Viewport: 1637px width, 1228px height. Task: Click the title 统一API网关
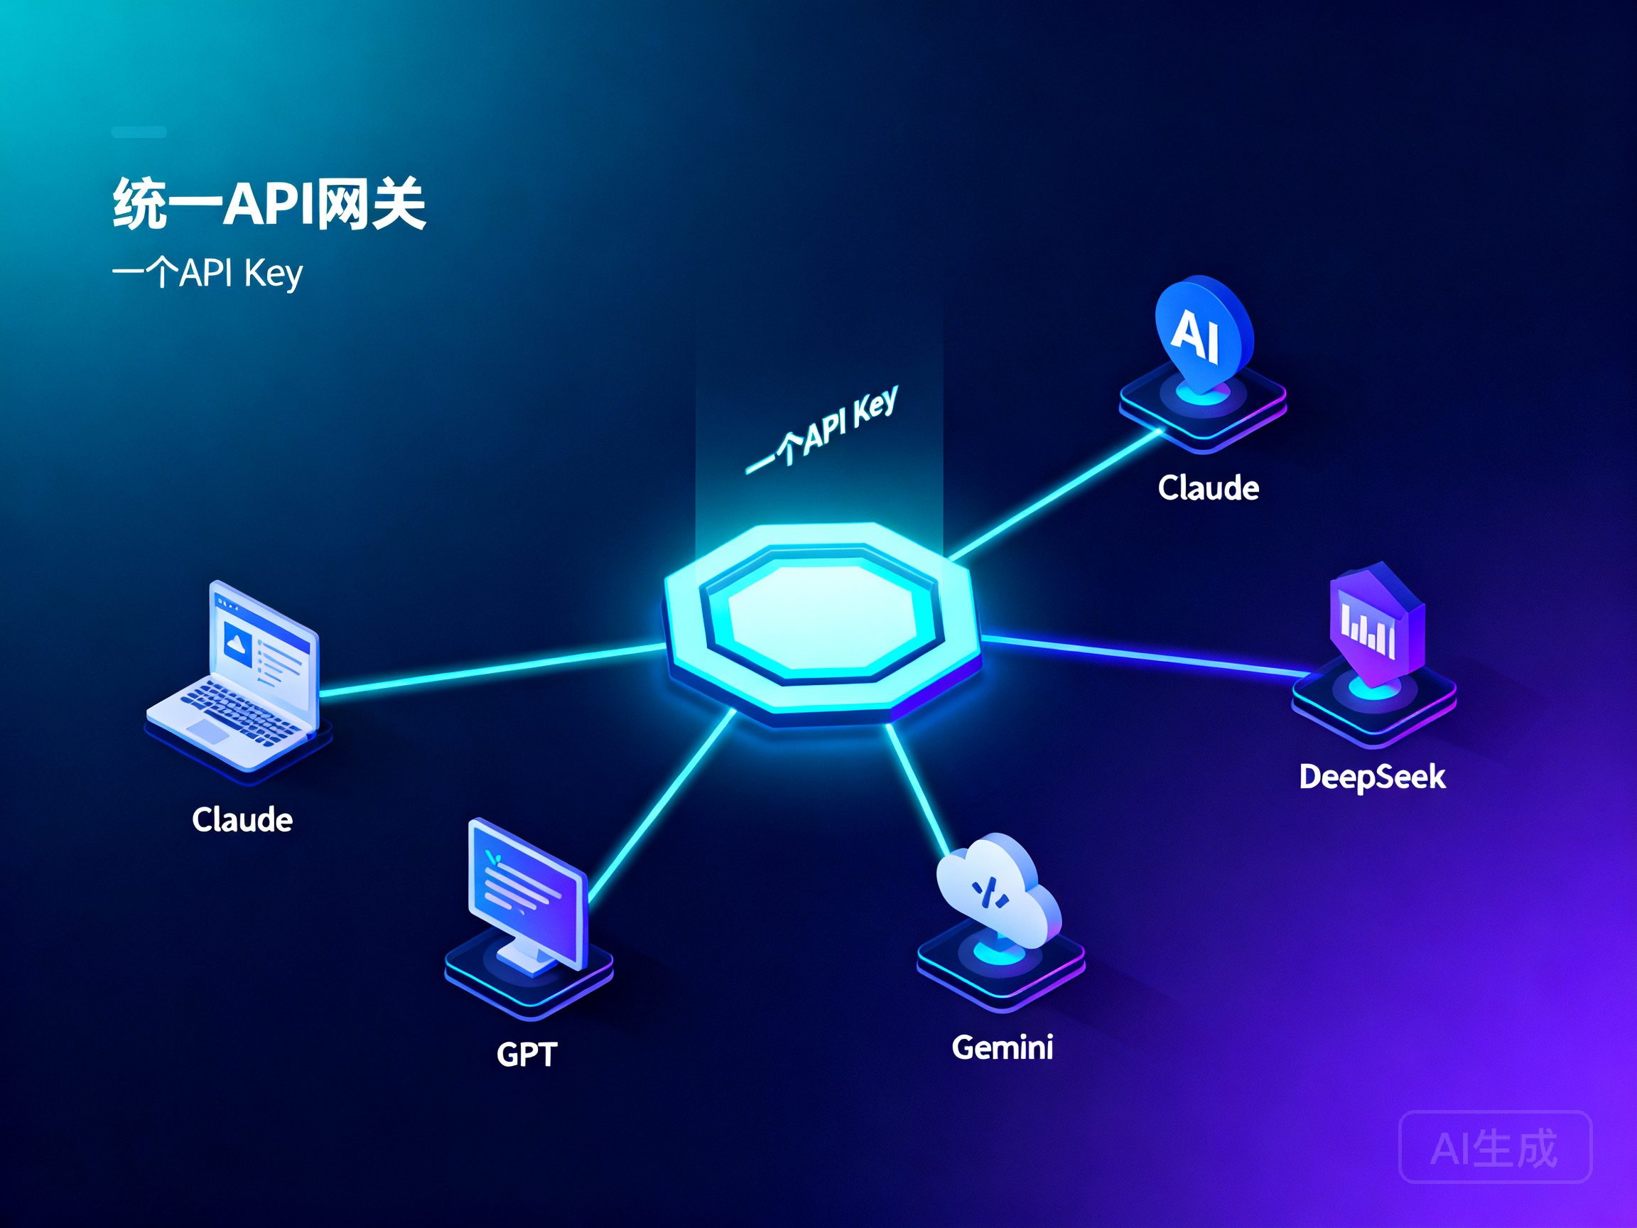[269, 203]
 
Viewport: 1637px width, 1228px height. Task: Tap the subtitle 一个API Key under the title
[208, 273]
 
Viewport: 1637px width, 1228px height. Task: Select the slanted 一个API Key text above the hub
[822, 429]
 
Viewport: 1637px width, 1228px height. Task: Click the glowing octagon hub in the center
[822, 622]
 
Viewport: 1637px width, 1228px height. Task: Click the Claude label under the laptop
[242, 819]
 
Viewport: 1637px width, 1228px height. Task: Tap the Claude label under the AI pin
[1209, 488]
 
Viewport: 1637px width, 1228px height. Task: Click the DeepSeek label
[1372, 777]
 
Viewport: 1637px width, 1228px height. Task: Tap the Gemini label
[1002, 1047]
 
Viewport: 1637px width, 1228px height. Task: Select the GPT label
[526, 1054]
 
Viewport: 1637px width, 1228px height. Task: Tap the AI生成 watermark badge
[1495, 1147]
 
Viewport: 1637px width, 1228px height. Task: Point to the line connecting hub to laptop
[492, 670]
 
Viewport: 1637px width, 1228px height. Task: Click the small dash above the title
[139, 131]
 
